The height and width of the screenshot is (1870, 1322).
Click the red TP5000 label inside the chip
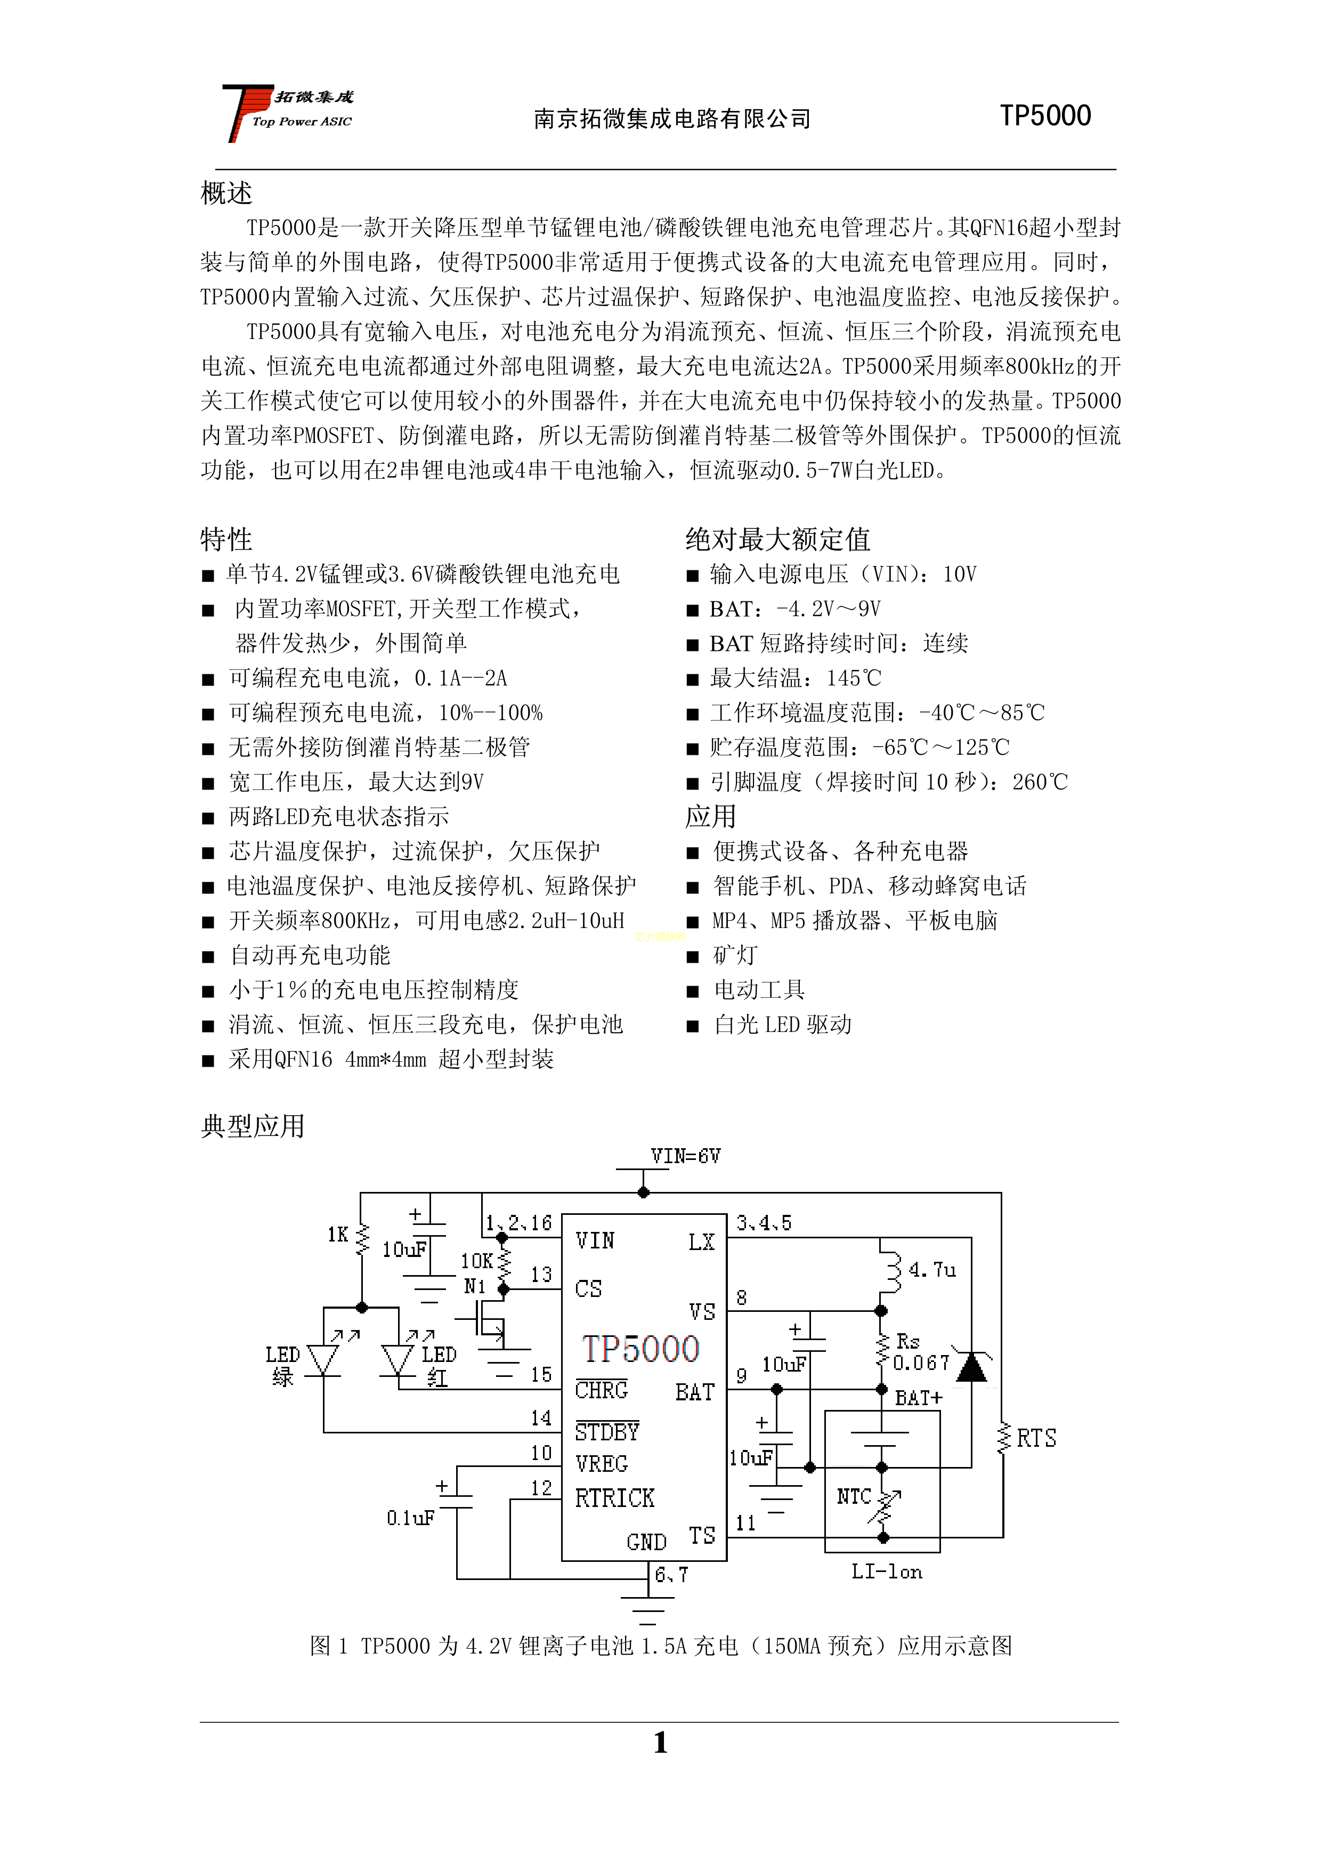pyautogui.click(x=640, y=1349)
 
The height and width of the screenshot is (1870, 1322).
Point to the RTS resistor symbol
pyautogui.click(x=1003, y=1438)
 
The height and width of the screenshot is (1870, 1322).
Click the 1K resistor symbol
pyautogui.click(x=361, y=1239)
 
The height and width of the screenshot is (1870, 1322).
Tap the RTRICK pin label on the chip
pyautogui.click(x=614, y=1498)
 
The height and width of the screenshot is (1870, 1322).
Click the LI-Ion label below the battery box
pyautogui.click(x=887, y=1572)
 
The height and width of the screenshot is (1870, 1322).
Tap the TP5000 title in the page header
pyautogui.click(x=1045, y=116)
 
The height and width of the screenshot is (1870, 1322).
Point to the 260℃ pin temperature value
pyautogui.click(x=1040, y=782)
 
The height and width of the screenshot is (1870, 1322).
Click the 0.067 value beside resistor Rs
pyautogui.click(x=921, y=1363)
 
